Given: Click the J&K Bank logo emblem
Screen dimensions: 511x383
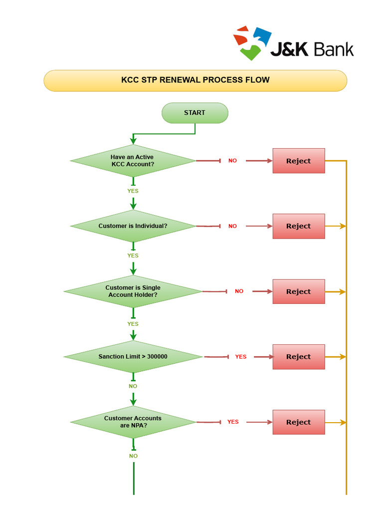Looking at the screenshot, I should [252, 43].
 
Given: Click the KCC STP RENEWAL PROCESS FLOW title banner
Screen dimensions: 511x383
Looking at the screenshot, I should [195, 80].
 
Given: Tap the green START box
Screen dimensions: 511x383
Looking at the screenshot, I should [194, 113].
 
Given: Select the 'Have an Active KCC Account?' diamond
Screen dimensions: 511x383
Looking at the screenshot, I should [133, 161].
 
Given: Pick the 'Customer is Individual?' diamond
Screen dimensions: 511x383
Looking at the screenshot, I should [133, 226].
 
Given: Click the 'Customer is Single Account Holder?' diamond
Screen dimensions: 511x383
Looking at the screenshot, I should [133, 291].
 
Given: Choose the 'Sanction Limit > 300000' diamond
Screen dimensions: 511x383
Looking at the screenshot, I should [133, 357].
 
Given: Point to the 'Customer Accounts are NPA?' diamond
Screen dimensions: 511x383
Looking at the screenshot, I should [133, 422].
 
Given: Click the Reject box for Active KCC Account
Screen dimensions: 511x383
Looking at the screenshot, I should [298, 161].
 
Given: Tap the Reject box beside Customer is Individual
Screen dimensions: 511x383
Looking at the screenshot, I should [298, 226].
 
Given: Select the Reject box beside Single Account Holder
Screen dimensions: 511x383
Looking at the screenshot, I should [298, 291].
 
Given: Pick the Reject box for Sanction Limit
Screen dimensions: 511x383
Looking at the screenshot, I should [298, 357].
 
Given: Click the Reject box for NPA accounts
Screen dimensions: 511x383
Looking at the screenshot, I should [298, 422].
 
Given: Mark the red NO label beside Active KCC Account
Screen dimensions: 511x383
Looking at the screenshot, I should [232, 161].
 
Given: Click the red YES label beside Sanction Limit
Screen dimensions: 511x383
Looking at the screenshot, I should [240, 357].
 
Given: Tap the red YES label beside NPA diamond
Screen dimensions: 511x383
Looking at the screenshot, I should [233, 422].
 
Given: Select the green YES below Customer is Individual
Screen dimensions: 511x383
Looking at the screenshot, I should [133, 255].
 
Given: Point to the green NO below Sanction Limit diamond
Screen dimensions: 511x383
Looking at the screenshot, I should [133, 386].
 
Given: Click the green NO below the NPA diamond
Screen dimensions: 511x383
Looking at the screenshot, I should [133, 456].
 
